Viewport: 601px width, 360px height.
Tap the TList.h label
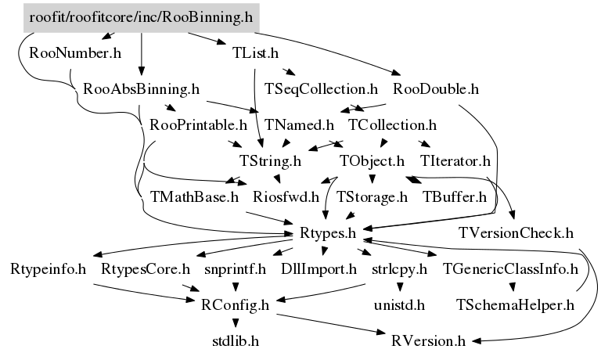pos(256,53)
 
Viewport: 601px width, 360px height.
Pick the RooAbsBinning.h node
pos(141,88)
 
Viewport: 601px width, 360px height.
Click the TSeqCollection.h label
pos(322,88)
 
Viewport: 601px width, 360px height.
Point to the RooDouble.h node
pos(436,88)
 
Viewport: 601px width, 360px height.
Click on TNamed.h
pos(300,124)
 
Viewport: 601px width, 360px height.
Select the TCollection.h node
pos(392,124)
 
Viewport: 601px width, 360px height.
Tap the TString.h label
pos(271,161)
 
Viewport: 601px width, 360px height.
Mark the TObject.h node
pos(371,161)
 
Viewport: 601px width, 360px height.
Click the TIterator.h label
pos(455,161)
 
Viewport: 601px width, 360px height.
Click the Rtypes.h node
pos(328,232)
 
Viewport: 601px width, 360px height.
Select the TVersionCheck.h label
pos(516,232)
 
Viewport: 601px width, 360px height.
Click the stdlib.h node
pos(236,340)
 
